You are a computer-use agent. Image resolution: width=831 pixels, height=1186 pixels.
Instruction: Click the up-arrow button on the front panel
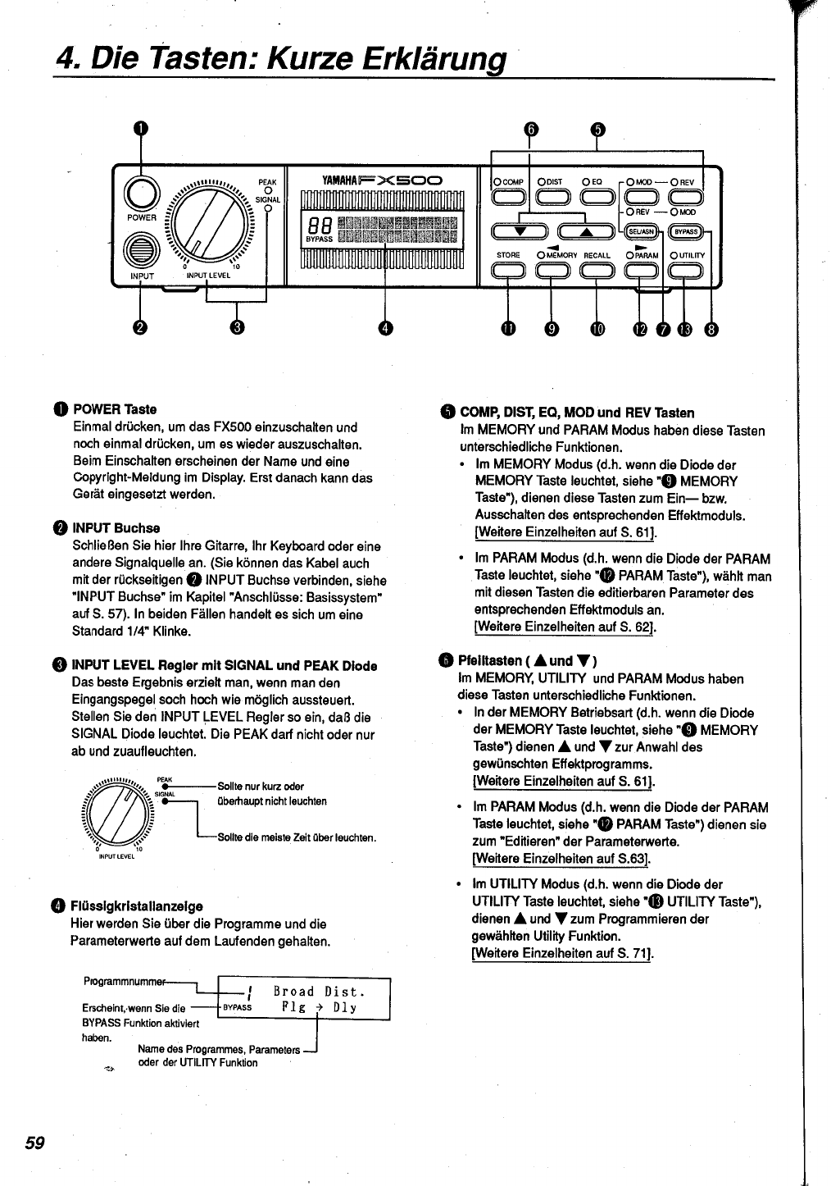pos(585,232)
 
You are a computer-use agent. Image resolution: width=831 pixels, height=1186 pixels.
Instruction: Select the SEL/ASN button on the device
pos(643,232)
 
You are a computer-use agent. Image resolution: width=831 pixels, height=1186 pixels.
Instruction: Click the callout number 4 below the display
pos(384,328)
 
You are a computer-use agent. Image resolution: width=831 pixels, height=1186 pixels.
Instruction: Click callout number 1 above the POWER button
pos(141,129)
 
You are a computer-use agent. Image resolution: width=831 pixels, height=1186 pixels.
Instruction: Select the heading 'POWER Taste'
pos(115,409)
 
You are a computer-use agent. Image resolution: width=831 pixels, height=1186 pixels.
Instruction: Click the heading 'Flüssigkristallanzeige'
pos(137,906)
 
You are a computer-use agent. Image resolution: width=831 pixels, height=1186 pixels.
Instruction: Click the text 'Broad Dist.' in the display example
pos(319,992)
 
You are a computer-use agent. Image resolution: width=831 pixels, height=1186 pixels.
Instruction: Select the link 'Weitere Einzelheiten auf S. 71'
pos(562,953)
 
